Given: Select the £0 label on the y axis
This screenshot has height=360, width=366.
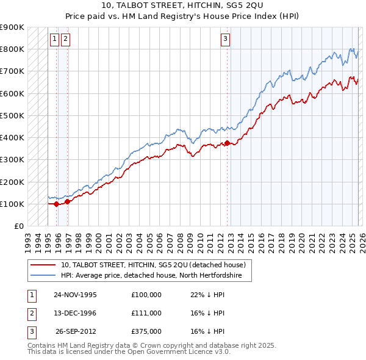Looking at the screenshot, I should coord(18,226).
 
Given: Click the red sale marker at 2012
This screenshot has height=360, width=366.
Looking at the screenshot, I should coord(228,143).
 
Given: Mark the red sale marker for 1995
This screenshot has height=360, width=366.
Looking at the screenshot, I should coord(57,204).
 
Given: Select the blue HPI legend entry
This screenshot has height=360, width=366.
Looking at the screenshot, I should coord(151,276).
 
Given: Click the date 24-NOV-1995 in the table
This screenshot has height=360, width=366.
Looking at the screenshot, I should coord(75,295).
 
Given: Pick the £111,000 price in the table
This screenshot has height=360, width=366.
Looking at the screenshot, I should coord(146,313).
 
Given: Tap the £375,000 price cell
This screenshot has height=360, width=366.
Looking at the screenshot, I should coord(146,331).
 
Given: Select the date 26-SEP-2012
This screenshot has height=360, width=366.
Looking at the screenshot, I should coord(76,331).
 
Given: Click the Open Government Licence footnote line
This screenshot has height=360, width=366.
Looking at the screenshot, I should coord(129,352).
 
